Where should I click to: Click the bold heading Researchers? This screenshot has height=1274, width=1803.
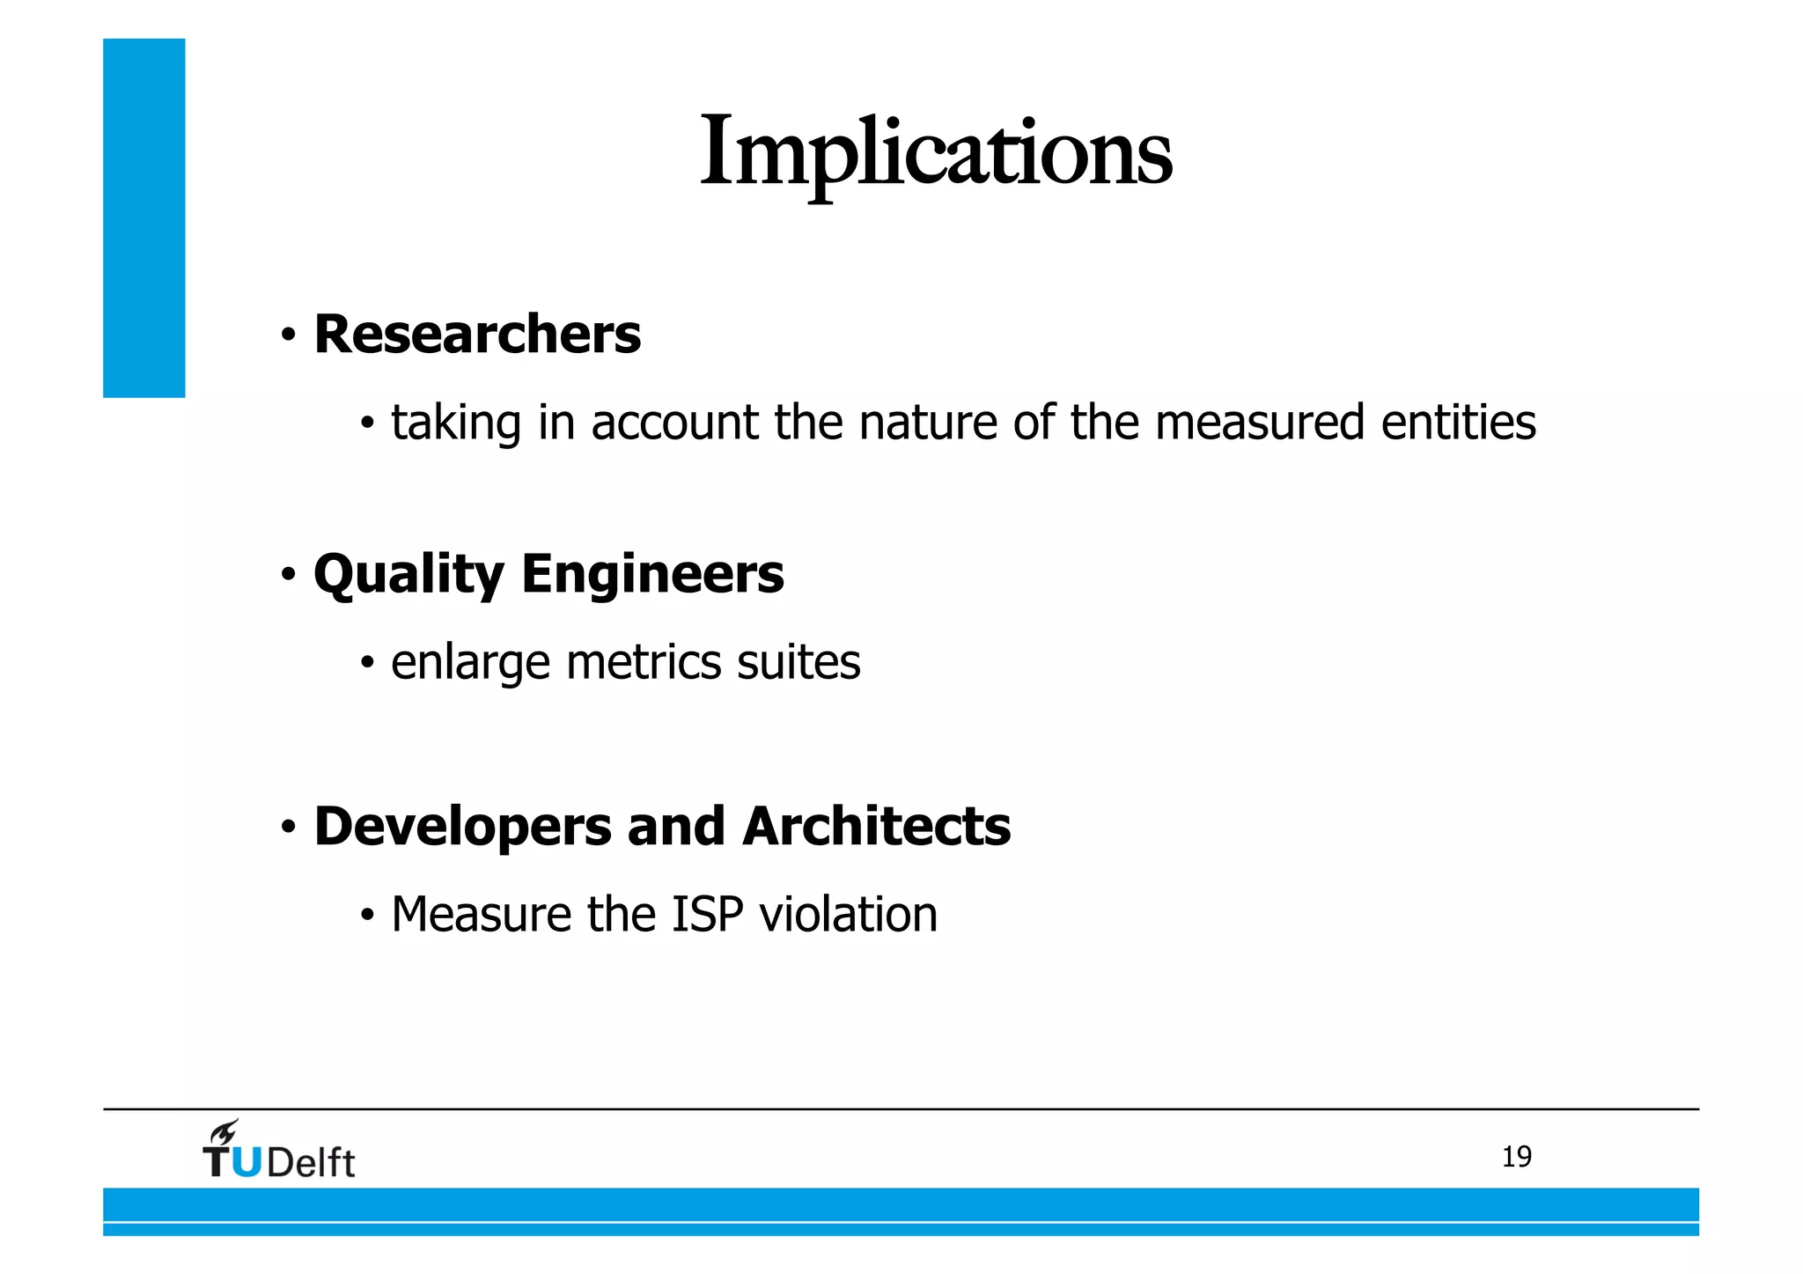[x=477, y=335]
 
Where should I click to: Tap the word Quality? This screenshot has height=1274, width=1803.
[x=408, y=575]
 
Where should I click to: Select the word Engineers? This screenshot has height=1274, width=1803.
[x=652, y=574]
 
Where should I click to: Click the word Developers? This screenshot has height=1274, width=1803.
[x=462, y=827]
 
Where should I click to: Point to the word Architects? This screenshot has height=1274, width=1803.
[x=876, y=827]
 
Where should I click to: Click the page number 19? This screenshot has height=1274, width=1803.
[x=1516, y=1157]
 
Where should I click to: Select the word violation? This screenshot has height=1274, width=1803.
[x=849, y=914]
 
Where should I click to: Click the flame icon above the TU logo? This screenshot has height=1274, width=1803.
[x=224, y=1132]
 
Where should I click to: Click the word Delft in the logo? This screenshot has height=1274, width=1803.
[x=310, y=1163]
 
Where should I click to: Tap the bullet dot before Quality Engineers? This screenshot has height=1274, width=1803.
[x=288, y=576]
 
